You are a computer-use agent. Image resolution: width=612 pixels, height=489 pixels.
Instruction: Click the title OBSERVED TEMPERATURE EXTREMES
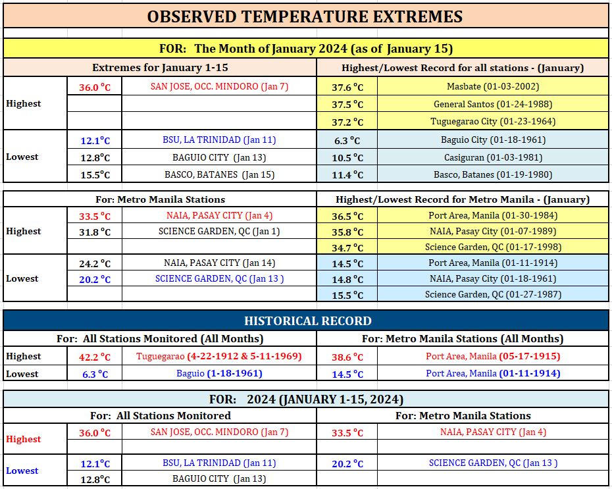(x=305, y=16)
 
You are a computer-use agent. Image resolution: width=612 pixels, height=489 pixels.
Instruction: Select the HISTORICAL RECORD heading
(x=308, y=321)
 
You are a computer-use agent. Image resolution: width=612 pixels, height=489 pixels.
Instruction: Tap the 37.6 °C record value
(x=347, y=87)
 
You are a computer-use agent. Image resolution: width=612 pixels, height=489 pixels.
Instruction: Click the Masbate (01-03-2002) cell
(x=493, y=86)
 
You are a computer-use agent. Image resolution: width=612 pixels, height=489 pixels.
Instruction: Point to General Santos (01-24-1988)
(x=493, y=104)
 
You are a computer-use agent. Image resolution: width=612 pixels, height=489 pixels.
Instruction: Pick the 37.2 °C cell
(x=347, y=122)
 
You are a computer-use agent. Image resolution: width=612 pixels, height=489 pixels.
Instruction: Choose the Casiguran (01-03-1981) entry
(x=494, y=158)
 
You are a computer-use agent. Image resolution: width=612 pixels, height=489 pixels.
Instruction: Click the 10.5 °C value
(x=347, y=158)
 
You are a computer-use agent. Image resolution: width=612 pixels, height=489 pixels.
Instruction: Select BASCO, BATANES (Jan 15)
(x=219, y=174)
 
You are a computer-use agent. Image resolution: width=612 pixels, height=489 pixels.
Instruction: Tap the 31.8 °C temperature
(x=95, y=232)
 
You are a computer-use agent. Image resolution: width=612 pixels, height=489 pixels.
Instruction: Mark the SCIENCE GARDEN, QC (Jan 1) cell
(x=219, y=232)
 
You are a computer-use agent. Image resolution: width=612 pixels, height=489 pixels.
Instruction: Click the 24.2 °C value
(x=95, y=264)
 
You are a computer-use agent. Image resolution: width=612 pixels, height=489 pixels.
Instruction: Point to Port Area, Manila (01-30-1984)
(x=493, y=215)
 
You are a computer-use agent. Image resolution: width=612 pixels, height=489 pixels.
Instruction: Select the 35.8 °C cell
(x=347, y=232)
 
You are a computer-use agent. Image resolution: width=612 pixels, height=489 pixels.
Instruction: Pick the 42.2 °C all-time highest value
(x=95, y=357)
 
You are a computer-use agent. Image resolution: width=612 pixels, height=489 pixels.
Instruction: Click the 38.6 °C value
(x=347, y=357)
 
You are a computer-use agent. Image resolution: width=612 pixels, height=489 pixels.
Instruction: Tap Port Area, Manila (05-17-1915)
(x=493, y=356)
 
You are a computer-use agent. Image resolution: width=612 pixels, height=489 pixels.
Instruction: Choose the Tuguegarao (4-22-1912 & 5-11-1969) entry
(x=219, y=356)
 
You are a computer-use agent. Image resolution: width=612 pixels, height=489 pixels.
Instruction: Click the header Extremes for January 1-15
(x=160, y=68)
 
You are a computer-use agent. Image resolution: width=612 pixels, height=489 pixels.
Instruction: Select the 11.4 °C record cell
(x=347, y=175)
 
